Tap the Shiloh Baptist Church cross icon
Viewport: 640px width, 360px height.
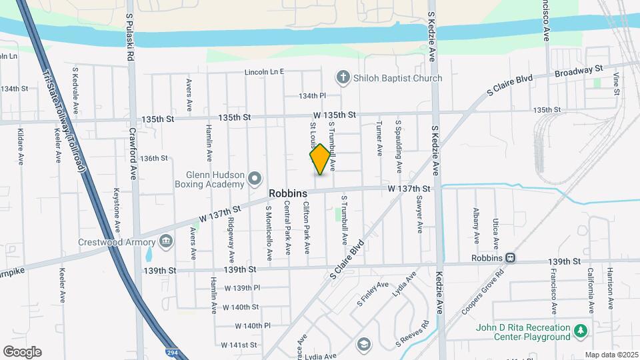(343, 78)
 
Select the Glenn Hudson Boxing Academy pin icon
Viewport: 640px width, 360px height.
(254, 178)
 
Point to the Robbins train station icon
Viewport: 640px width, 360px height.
(510, 257)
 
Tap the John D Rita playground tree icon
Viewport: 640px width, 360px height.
(581, 330)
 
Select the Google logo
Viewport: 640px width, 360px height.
(21, 352)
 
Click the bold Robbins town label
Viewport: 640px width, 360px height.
(288, 193)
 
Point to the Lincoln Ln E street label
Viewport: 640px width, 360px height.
(264, 72)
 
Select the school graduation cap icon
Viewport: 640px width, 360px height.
(363, 344)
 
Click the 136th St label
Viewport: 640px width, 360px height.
(153, 158)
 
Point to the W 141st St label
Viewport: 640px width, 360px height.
(241, 345)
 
